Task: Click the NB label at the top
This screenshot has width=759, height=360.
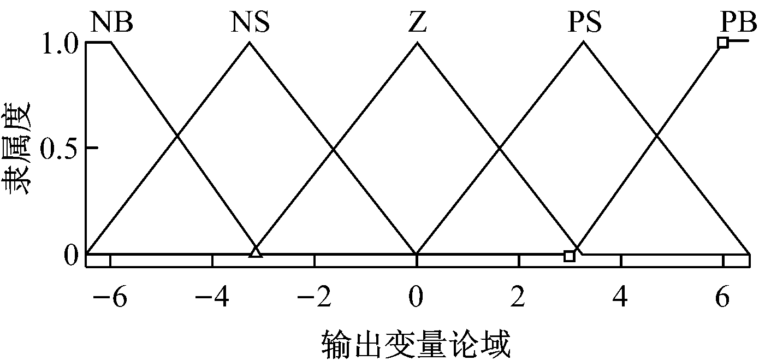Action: pos(111,22)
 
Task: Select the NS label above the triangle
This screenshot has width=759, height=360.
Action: pos(250,22)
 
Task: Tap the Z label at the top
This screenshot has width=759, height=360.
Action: pos(417,22)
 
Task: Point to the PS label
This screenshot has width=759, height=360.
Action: pos(585,22)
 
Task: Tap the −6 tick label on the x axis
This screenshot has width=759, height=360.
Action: pos(110,296)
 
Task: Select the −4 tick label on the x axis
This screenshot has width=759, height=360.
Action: pos(212,296)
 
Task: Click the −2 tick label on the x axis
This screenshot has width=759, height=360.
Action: pos(314,296)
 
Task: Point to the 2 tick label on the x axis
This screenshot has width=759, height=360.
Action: pos(518,296)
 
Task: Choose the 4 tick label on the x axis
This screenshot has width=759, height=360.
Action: pos(620,296)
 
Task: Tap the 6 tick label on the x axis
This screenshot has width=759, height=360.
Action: pos(722,296)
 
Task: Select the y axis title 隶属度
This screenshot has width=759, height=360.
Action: pos(16,149)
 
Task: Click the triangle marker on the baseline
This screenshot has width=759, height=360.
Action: pos(256,252)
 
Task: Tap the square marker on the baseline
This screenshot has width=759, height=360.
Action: pos(570,256)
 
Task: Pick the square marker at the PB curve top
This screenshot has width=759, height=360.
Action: pos(723,43)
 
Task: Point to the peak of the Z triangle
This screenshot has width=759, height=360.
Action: pos(417,42)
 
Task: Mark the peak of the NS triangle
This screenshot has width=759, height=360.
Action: pos(250,42)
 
